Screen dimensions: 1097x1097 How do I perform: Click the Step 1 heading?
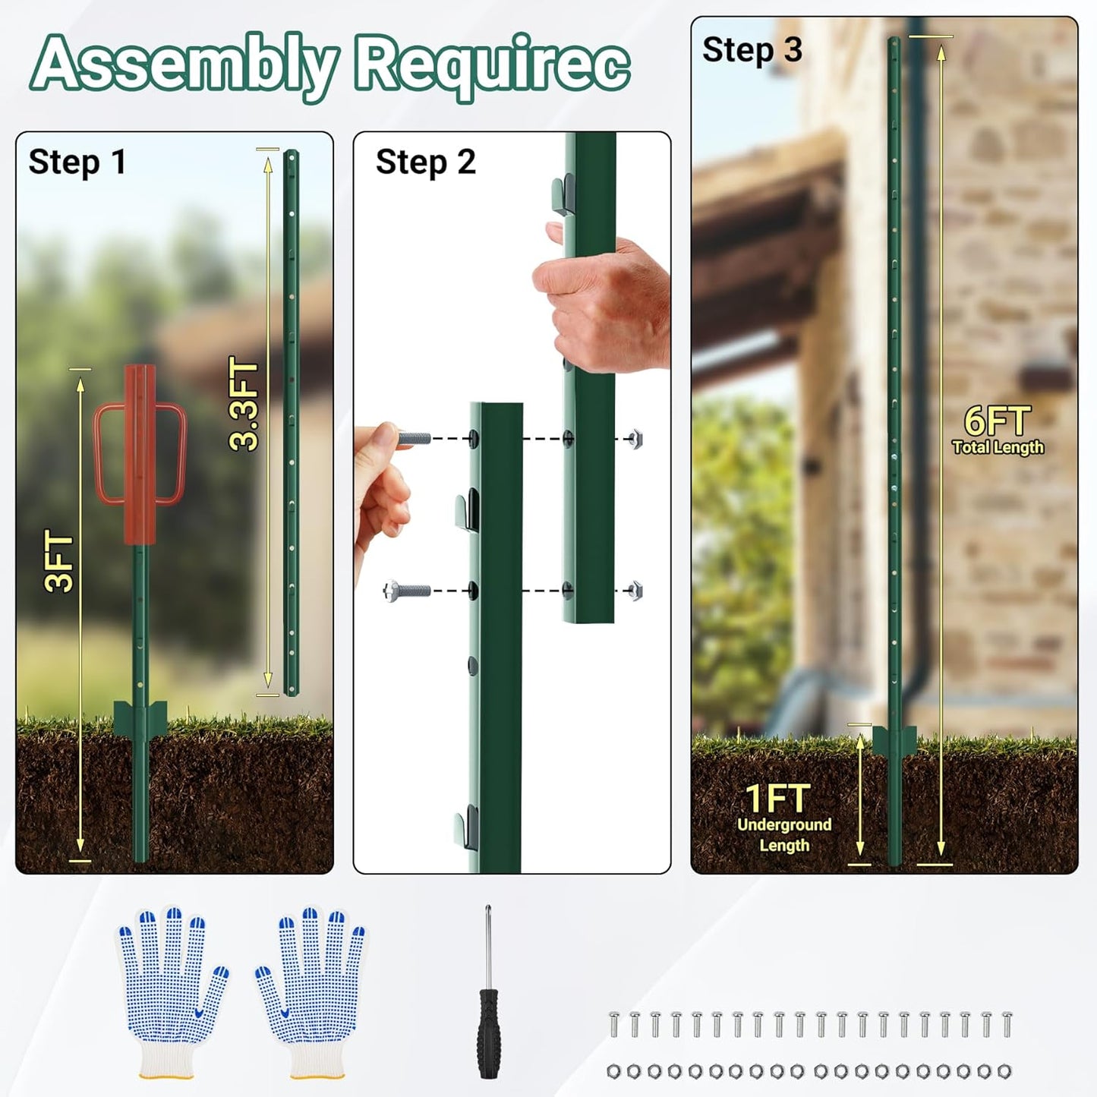(x=77, y=162)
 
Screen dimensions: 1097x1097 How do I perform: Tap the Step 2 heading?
(x=425, y=162)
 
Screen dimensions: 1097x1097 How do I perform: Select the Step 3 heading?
(x=752, y=50)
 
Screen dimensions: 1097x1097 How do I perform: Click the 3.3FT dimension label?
(x=245, y=405)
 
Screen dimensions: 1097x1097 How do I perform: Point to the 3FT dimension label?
(x=60, y=563)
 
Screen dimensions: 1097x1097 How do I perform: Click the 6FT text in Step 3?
(x=997, y=421)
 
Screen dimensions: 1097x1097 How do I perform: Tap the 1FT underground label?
(x=777, y=798)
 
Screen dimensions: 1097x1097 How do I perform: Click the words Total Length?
(x=998, y=448)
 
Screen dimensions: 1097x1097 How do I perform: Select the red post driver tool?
(x=140, y=456)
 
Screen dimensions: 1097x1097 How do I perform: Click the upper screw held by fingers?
(x=414, y=438)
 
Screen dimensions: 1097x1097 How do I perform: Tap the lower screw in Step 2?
(x=408, y=590)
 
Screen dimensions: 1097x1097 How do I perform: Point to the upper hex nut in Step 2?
(x=635, y=439)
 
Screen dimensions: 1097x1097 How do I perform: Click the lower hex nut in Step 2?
(x=635, y=591)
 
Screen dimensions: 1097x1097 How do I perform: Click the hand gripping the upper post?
(x=604, y=304)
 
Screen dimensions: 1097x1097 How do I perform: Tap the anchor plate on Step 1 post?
(x=140, y=717)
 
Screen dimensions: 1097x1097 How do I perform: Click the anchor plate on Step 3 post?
(x=894, y=740)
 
